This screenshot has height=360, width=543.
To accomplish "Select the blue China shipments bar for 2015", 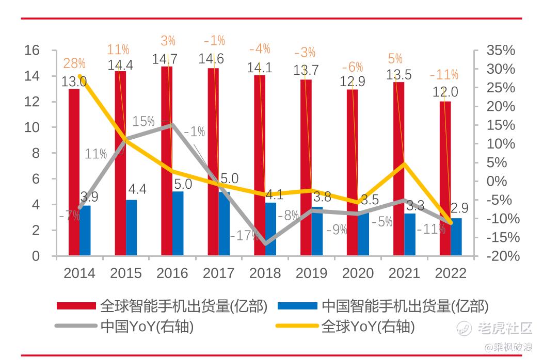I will point(132,227).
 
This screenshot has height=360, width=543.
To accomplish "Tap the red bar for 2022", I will point(445,178).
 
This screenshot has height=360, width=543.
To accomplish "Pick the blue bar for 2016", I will point(178,223).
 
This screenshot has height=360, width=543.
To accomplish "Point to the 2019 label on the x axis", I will point(311,273).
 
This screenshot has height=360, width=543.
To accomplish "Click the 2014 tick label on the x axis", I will point(79,273).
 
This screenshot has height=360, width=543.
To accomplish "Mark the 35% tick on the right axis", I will point(501,50).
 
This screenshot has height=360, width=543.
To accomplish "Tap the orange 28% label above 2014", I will point(74,63).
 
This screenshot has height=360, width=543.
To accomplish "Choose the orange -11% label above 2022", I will point(444,75).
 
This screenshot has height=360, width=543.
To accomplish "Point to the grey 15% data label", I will point(143,122).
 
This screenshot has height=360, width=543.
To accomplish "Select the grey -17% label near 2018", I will point(244,236).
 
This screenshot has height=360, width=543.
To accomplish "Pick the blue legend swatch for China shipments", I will point(297,306).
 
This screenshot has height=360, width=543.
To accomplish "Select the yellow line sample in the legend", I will point(297,326).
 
